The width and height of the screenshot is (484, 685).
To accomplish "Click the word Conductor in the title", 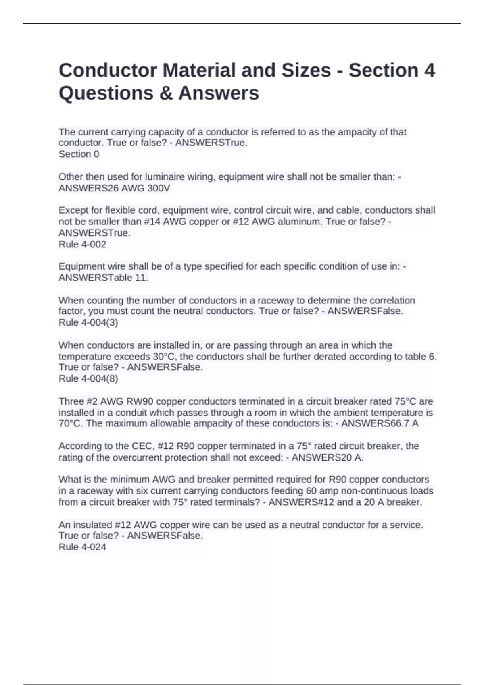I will tap(108, 70).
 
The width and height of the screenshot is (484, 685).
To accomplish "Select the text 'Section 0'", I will tap(79, 154).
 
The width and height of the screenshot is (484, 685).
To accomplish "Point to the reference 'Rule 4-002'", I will tap(82, 244).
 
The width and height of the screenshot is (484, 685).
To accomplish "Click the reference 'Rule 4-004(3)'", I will tap(88, 322).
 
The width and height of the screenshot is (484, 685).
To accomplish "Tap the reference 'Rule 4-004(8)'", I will tap(88, 378).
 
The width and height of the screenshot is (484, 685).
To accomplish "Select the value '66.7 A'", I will tap(399, 423).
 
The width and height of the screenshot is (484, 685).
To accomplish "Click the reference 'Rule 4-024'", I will tap(82, 547).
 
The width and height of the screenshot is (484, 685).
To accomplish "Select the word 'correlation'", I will tap(390, 301).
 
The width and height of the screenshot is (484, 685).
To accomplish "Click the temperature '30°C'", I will tap(165, 357).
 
